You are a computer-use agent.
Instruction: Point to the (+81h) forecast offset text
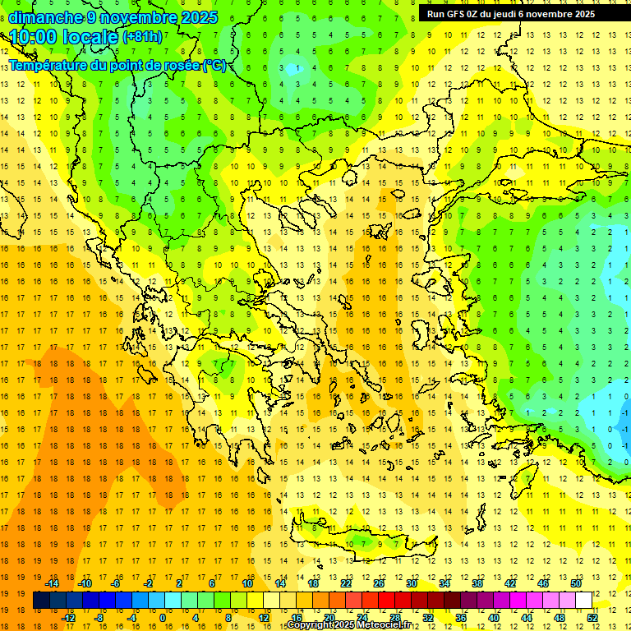(142, 38)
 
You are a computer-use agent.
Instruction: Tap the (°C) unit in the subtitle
(214, 65)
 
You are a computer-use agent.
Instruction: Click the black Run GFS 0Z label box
(518, 13)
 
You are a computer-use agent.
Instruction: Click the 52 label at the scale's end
(592, 618)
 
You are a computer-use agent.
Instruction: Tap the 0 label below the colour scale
(163, 618)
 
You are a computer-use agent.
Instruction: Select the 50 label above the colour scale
(575, 583)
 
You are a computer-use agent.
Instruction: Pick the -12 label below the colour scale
(69, 618)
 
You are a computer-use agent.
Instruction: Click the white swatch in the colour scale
(584, 601)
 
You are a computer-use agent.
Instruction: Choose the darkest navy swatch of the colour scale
(41, 601)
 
